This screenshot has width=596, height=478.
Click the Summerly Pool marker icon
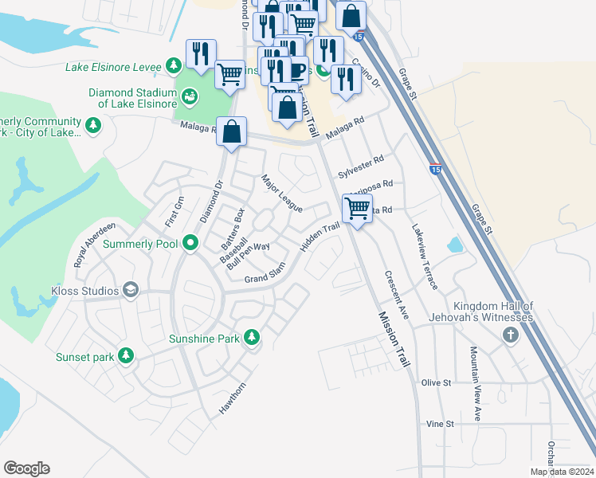pyautogui.click(x=190, y=242)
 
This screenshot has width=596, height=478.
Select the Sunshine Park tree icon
pyautogui.click(x=252, y=338)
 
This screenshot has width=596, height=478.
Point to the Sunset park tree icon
pyautogui.click(x=126, y=356)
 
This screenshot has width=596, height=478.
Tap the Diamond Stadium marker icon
pyautogui.click(x=190, y=96)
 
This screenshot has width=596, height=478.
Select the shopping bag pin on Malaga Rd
pyautogui.click(x=231, y=132)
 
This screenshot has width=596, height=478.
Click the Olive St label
pyautogui.click(x=437, y=383)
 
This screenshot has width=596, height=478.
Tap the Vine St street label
pyautogui.click(x=440, y=424)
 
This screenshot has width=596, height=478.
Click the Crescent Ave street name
pyautogui.click(x=396, y=296)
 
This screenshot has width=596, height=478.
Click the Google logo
pyautogui.click(x=26, y=468)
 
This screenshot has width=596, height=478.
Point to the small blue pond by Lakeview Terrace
pyautogui.click(x=455, y=245)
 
